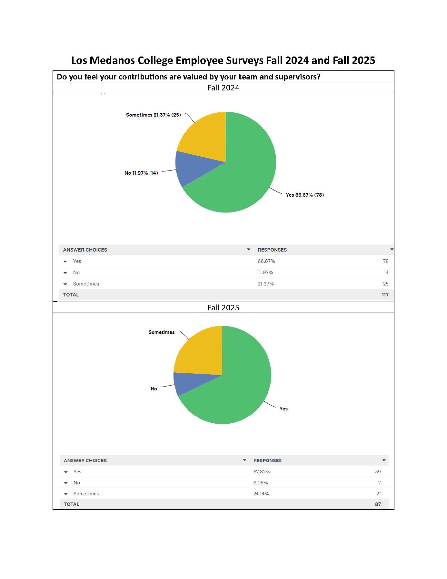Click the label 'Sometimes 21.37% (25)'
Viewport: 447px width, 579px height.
[x=153, y=115]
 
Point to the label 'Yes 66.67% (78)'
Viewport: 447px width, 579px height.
[x=305, y=195]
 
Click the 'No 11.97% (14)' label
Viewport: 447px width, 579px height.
[x=141, y=173]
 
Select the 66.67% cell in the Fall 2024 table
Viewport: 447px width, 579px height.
[x=266, y=261]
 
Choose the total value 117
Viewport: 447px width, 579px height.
[x=385, y=295]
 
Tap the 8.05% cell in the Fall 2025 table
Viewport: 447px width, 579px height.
[x=261, y=483]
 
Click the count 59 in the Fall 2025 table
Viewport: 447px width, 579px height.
[x=378, y=471]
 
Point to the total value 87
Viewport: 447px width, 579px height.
[x=378, y=504]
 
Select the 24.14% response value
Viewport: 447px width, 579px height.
[x=261, y=494]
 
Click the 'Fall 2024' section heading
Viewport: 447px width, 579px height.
[x=223, y=88]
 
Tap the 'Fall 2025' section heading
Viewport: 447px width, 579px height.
[x=223, y=308]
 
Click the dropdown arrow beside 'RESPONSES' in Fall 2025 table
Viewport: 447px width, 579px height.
[x=384, y=460]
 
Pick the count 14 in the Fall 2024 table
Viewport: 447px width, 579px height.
[x=386, y=273]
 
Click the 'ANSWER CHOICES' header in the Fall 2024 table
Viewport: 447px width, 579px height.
[x=85, y=250]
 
